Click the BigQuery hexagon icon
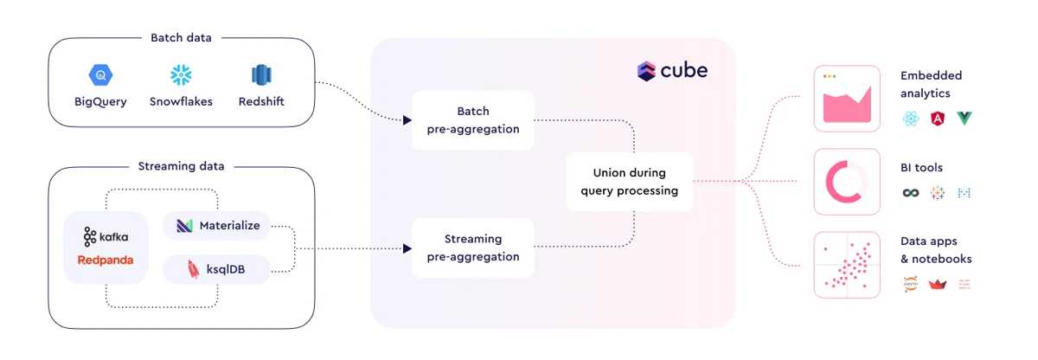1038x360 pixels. (x=100, y=75)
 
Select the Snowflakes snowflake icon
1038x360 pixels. (x=181, y=75)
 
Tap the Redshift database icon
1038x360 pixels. (x=261, y=75)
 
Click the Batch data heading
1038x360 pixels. (x=181, y=37)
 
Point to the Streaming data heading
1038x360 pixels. (x=181, y=166)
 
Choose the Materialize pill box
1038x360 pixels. (x=216, y=226)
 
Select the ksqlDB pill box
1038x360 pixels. (x=216, y=269)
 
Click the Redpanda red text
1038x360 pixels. (x=106, y=260)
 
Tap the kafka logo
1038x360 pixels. (x=106, y=235)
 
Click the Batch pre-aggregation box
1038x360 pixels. (x=473, y=120)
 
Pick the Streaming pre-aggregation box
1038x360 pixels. (x=473, y=247)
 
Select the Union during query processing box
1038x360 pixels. (x=629, y=182)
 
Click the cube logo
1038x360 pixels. (x=672, y=71)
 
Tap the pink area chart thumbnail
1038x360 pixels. (x=847, y=99)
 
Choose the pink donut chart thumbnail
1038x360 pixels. (x=847, y=182)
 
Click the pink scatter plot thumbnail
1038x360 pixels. (x=847, y=266)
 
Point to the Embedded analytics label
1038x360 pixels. (x=931, y=84)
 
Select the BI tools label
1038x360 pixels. (x=921, y=167)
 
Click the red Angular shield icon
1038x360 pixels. (x=937, y=119)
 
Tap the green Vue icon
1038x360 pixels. (x=964, y=119)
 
